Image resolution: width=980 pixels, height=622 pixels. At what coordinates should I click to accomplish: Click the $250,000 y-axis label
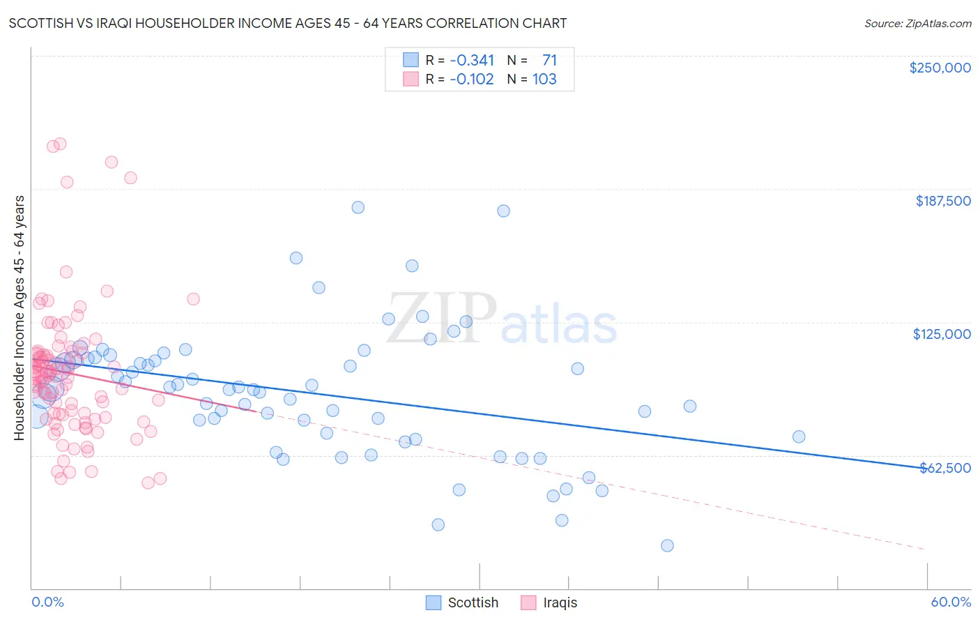tap(940, 68)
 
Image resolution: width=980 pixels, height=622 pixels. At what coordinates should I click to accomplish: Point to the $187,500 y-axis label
tap(942, 201)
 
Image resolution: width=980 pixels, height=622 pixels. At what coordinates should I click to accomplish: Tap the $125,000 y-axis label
tap(942, 334)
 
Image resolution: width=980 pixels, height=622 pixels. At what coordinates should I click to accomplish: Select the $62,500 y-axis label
tap(945, 468)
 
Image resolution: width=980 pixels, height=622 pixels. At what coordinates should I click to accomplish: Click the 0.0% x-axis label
tap(47, 602)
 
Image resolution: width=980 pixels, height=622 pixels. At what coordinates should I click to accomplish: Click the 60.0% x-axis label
tap(951, 602)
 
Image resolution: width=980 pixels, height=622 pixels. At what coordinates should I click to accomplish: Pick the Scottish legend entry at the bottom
tap(462, 602)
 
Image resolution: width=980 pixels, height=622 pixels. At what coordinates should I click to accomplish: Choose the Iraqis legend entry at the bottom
tap(549, 602)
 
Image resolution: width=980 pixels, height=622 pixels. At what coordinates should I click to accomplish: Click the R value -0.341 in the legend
tap(472, 60)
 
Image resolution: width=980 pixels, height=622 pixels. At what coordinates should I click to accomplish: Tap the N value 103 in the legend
tap(544, 79)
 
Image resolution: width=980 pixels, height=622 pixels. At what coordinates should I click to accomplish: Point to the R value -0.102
tap(472, 79)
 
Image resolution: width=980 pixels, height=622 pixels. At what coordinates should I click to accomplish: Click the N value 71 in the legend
tap(549, 60)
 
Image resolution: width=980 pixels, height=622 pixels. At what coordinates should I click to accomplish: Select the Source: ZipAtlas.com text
tap(917, 24)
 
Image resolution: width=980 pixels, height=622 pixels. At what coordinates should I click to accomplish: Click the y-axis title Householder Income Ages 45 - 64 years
tap(20, 317)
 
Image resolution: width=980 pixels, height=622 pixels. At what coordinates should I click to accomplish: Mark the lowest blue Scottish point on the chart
tap(667, 545)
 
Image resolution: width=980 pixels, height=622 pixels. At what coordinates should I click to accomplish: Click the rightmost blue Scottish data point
tap(799, 437)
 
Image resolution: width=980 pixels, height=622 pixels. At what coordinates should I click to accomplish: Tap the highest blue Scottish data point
tap(358, 207)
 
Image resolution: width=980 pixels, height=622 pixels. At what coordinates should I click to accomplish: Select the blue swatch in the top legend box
tap(411, 60)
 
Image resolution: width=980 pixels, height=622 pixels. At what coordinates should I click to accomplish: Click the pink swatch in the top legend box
tap(411, 79)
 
